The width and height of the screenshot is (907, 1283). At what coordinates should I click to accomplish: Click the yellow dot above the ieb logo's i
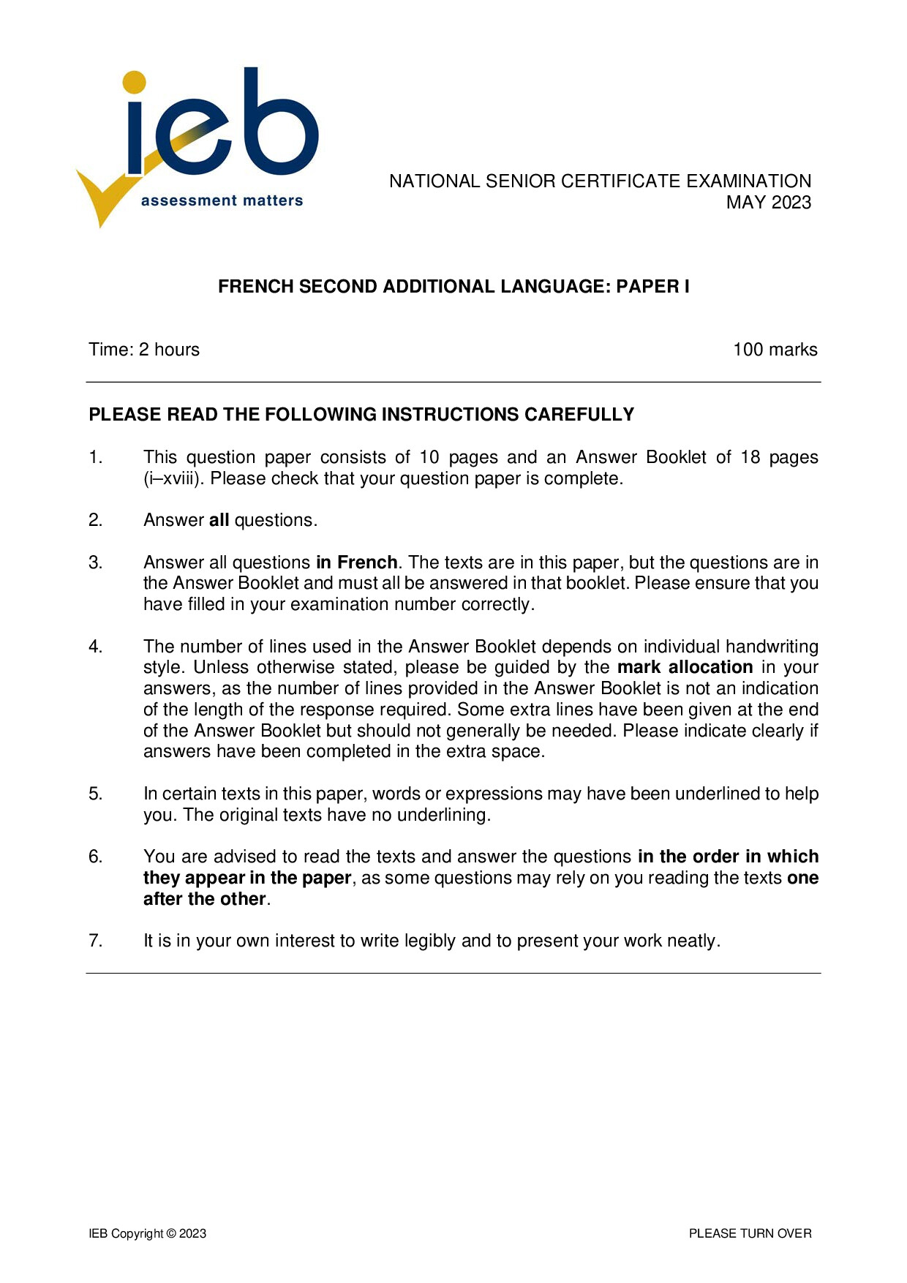pos(135,82)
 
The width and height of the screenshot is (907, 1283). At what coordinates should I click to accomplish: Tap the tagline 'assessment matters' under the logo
pos(222,200)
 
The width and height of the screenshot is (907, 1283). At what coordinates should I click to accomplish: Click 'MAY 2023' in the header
pos(768,203)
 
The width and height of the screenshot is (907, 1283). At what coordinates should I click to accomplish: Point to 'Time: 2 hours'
pos(144,350)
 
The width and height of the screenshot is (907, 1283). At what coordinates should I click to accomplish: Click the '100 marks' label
pos(775,350)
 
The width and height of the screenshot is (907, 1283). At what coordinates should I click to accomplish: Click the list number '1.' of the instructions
pos(96,458)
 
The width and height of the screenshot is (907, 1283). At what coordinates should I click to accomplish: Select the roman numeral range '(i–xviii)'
pos(174,479)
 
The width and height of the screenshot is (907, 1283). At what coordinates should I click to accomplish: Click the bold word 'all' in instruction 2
pos(219,521)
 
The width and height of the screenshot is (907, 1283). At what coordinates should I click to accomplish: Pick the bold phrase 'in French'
pos(356,563)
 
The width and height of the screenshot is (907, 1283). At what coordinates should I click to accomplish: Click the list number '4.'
pos(96,647)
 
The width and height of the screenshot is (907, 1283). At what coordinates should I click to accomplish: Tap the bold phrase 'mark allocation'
pos(685,668)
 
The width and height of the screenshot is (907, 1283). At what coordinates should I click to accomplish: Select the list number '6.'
pos(96,857)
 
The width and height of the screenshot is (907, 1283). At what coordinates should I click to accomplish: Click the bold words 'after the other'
pos(204,899)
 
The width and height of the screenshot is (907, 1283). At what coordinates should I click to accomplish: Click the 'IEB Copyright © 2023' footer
pos(148,1234)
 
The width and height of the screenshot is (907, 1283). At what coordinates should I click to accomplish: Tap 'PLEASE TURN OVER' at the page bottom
pos(750,1234)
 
